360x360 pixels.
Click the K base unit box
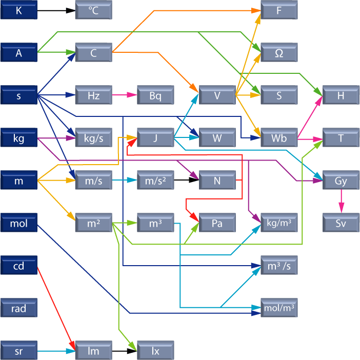tap(19, 10)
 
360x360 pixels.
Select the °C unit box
tap(93, 10)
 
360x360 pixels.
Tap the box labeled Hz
tap(93, 95)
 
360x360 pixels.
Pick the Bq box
tap(155, 95)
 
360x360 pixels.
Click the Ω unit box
tap(279, 53)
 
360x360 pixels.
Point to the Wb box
tap(279, 137)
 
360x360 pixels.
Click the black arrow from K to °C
tap(56, 10)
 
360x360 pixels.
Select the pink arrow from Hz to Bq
tap(124, 95)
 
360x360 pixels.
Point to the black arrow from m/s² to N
tap(186, 180)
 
